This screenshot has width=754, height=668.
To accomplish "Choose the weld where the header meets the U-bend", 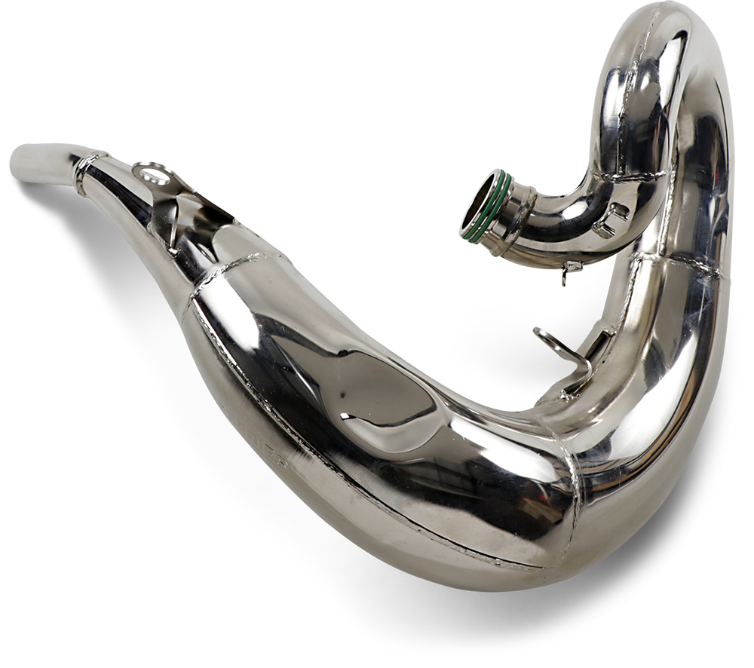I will pos(641,177).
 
